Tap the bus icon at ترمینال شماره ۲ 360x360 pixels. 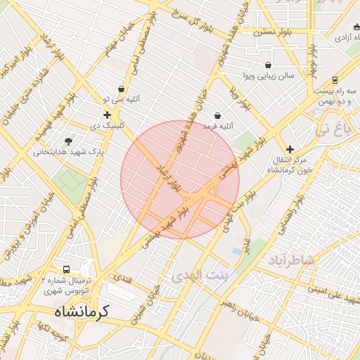click(67, 269)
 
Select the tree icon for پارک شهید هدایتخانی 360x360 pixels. click(68, 141)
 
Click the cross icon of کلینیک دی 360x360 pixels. click(107, 115)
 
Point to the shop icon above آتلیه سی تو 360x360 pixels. click(122, 89)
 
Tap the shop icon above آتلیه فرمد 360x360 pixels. click(217, 115)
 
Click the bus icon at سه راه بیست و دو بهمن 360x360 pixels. click(334, 80)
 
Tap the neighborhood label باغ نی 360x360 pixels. click(332, 129)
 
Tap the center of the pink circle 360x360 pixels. click(180, 179)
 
